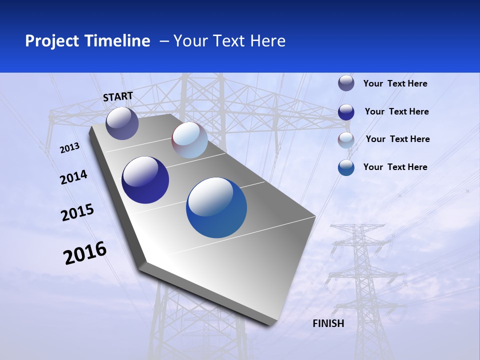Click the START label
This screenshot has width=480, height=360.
click(x=118, y=96)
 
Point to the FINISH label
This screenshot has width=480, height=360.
click(x=328, y=323)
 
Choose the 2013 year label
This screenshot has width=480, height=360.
click(x=69, y=148)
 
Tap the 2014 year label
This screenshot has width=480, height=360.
click(x=73, y=177)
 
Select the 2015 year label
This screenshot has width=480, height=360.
click(x=77, y=212)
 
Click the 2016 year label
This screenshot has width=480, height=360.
click(x=85, y=253)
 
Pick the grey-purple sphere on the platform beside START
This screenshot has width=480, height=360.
click(x=122, y=123)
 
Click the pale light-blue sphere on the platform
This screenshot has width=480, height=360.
click(x=189, y=140)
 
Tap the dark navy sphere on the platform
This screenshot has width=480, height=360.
click(x=145, y=180)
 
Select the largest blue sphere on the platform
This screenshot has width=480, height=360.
click(x=216, y=207)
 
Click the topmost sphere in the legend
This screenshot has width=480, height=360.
click(x=346, y=83)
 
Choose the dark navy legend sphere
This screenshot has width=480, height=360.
click(x=346, y=112)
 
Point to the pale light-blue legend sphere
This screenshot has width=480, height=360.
click(x=346, y=140)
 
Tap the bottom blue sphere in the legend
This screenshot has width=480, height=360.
click(x=346, y=167)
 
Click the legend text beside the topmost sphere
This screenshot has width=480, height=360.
click(x=395, y=83)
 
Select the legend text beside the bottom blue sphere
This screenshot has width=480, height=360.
click(x=395, y=167)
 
